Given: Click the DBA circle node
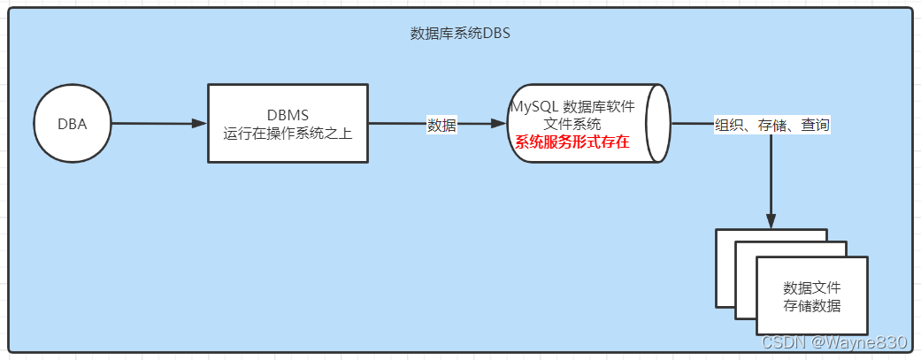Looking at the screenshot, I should pyautogui.click(x=73, y=124).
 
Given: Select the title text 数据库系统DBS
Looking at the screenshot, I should pyautogui.click(x=461, y=34).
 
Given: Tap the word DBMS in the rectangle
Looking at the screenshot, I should pyautogui.click(x=288, y=115).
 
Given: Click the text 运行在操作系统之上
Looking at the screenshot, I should pyautogui.click(x=288, y=134).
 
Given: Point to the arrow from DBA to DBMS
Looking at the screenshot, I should pyautogui.click(x=150, y=124).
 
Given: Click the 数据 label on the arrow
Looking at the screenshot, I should pyautogui.click(x=441, y=125).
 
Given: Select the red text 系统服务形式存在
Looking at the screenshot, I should pyautogui.click(x=572, y=142).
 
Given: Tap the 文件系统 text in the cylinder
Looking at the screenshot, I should pyautogui.click(x=572, y=124).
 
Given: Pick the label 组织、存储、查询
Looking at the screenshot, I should pyautogui.click(x=772, y=126).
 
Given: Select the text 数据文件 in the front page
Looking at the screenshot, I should pyautogui.click(x=812, y=288).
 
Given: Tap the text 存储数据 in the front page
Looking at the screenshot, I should pyautogui.click(x=812, y=306).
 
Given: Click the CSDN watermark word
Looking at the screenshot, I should pyautogui.click(x=781, y=342).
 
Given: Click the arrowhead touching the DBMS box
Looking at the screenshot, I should pyautogui.click(x=200, y=124).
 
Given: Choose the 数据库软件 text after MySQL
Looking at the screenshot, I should pyautogui.click(x=599, y=106).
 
